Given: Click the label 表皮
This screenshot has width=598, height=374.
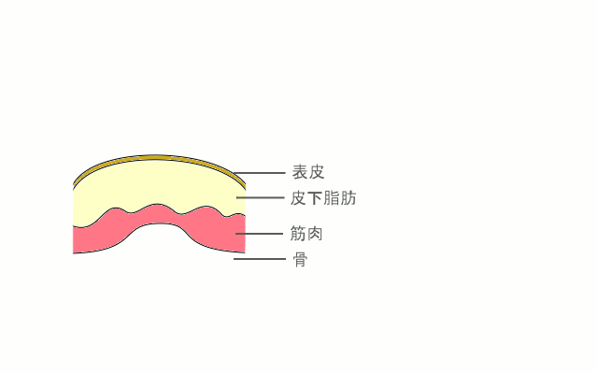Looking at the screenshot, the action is point(308,172).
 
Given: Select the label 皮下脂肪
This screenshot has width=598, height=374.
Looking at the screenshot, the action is point(323,198).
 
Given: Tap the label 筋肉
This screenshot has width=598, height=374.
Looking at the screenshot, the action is point(306,234).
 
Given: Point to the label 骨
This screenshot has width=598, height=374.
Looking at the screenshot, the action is point(300,260).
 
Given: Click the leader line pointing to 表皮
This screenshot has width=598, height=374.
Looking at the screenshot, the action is point(260,173).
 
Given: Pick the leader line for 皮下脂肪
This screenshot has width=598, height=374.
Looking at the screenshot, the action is point(261,197).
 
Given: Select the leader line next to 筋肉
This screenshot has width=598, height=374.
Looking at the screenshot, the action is point(259,234).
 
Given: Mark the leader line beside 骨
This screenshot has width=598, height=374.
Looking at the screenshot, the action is point(260,259).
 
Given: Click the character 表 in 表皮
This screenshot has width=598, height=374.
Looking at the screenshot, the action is point(300,172).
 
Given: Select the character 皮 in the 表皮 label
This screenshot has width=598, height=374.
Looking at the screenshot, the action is point(317,172).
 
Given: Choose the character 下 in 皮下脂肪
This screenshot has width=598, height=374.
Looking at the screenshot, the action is point(315,198).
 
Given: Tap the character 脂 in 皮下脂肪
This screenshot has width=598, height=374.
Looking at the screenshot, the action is point(332,198).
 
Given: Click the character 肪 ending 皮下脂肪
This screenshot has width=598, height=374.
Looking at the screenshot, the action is point(349,198).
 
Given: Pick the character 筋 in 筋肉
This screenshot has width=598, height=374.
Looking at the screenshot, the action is point(298,234).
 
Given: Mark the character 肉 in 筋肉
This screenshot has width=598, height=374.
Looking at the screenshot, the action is point(315,234).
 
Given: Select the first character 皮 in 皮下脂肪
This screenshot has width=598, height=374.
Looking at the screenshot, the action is point(299,198).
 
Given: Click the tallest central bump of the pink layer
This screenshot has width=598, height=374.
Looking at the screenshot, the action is point(156,205).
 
